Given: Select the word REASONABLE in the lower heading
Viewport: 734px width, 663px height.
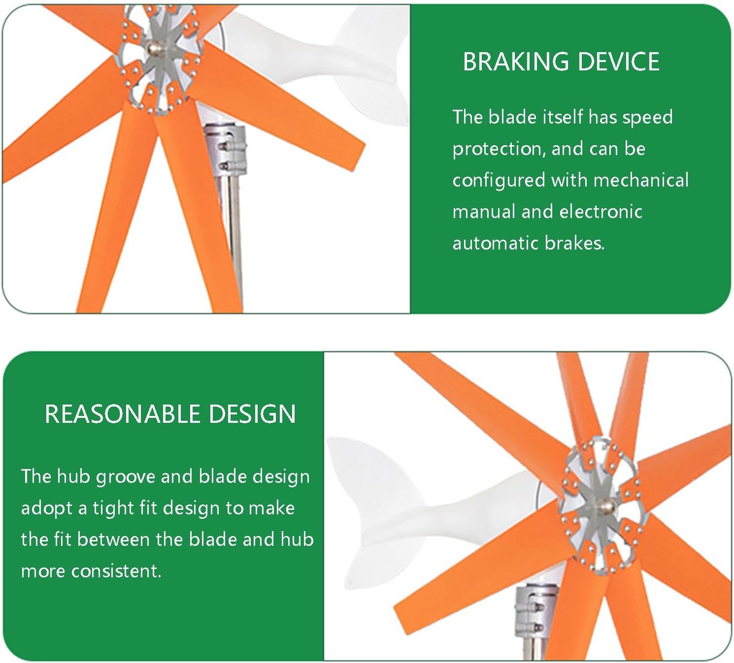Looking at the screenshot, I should (x=122, y=414).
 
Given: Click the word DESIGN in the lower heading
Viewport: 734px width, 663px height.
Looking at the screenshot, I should (x=252, y=414).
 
